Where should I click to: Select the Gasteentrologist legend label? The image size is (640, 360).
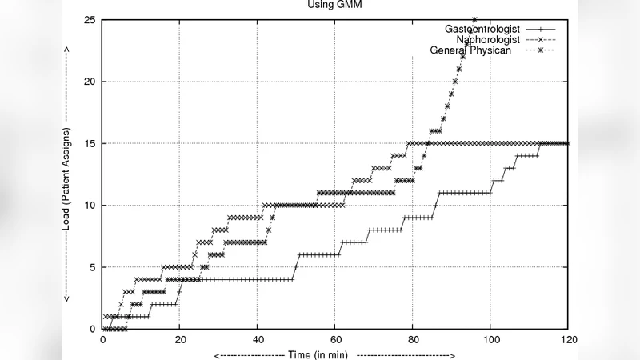pos(482,29)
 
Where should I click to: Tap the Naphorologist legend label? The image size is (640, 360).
pos(488,39)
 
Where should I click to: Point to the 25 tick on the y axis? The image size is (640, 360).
pos(90,20)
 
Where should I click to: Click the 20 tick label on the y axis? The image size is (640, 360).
pos(90,82)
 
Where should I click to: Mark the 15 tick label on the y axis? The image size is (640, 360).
pos(90,143)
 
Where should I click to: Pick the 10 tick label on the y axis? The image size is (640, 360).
pos(90,205)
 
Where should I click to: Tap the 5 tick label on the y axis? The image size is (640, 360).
pos(92,267)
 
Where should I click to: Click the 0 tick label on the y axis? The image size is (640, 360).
pos(92,329)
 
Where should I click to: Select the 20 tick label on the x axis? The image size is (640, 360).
pos(179,340)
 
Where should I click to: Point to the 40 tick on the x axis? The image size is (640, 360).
pos(257,340)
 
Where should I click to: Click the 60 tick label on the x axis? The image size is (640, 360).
pos(334,340)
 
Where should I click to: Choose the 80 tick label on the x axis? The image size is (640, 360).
pos(412,340)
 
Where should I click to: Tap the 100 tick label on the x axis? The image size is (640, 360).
pos(490,340)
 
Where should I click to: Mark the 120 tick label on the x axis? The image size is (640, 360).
pos(568,340)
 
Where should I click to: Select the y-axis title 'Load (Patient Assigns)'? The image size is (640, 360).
pos(67,174)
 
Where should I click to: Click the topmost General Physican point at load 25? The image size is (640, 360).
pos(474,20)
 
